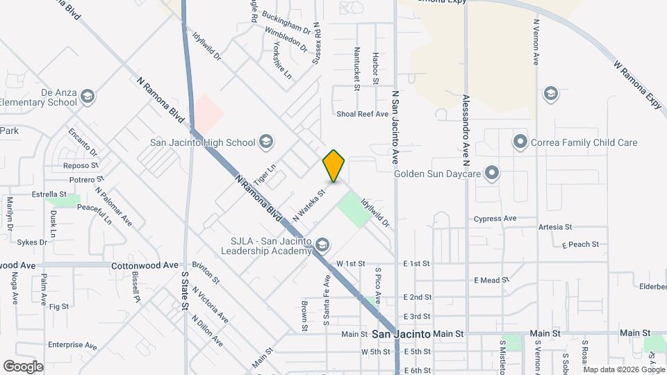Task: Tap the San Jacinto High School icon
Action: [265, 142]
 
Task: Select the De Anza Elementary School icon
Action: [88, 96]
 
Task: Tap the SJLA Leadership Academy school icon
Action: [322, 244]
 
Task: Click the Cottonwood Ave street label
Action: [145, 265]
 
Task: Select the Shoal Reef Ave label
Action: [361, 114]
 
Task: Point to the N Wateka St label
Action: [309, 205]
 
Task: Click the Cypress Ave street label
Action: [495, 218]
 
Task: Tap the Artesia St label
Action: [554, 227]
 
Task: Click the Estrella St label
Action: [49, 194]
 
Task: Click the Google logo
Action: [23, 366]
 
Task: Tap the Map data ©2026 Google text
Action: [624, 369]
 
